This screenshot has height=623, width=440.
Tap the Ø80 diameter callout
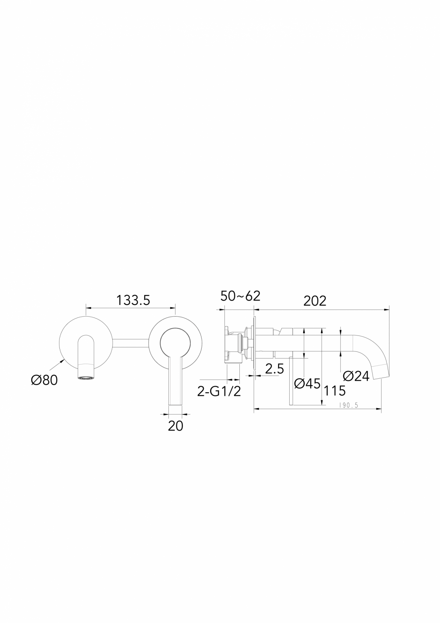point(44,380)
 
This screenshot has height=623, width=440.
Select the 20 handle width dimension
point(175,426)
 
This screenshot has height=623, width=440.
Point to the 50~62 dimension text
point(240,296)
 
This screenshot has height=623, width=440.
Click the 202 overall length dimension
point(315,301)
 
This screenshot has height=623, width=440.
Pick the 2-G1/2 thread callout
point(219,392)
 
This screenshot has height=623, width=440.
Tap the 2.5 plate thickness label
point(275,369)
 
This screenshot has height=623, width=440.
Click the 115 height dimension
point(334,391)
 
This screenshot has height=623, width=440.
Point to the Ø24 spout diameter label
point(356,376)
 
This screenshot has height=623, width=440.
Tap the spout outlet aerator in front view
point(87,377)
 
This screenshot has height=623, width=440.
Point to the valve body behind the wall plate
point(235,343)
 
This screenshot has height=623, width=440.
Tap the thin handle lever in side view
point(290,382)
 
